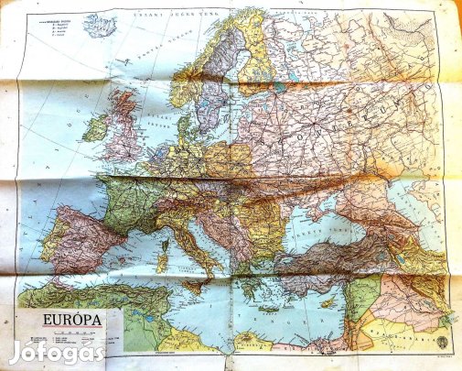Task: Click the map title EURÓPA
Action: pos(60,321)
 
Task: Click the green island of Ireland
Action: pos(95,127)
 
